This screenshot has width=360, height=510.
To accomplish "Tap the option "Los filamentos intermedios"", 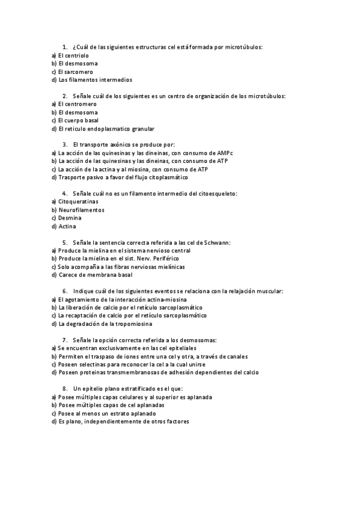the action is [95, 79].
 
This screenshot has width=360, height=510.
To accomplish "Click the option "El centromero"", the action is [77, 104].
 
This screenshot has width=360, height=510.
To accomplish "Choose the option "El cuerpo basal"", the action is [78, 120].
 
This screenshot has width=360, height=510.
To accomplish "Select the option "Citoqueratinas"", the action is [78, 201].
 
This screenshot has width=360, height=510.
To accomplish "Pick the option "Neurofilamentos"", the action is [81, 210].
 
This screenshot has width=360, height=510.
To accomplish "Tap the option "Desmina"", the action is [70, 218].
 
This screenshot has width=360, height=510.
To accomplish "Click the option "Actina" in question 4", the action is [67, 226].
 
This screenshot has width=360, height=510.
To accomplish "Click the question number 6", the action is [64, 291].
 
